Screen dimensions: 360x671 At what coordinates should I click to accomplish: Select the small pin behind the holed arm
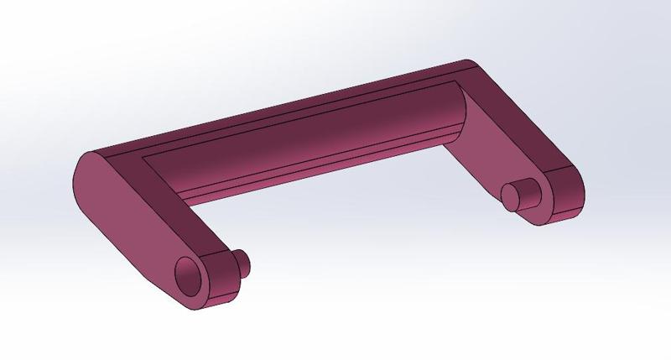[x=242, y=261]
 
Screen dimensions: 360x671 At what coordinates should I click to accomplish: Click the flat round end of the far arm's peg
[x=511, y=197]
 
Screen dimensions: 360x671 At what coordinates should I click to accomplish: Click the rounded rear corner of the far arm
[x=470, y=65]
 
